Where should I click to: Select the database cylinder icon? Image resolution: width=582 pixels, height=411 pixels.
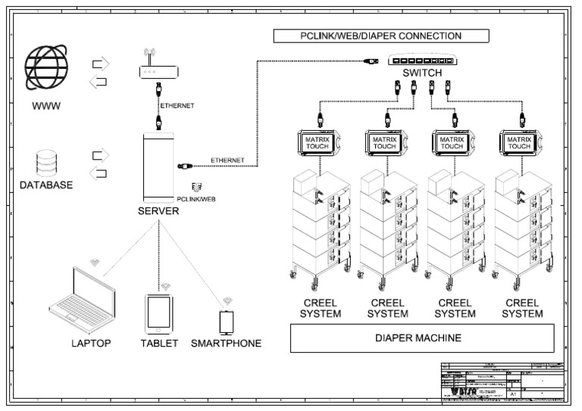coord(46,163)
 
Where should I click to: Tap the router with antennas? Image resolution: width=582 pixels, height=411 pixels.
coord(159,71)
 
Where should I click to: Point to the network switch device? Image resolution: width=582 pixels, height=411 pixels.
coord(421,61)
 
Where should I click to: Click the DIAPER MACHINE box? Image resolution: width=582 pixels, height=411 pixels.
coord(421,338)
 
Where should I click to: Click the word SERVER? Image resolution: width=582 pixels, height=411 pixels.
coord(158,211)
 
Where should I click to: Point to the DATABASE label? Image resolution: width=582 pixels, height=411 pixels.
coord(47,185)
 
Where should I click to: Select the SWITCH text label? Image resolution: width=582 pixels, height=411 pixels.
coord(421,73)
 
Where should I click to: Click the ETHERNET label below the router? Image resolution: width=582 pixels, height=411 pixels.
coord(177,106)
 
